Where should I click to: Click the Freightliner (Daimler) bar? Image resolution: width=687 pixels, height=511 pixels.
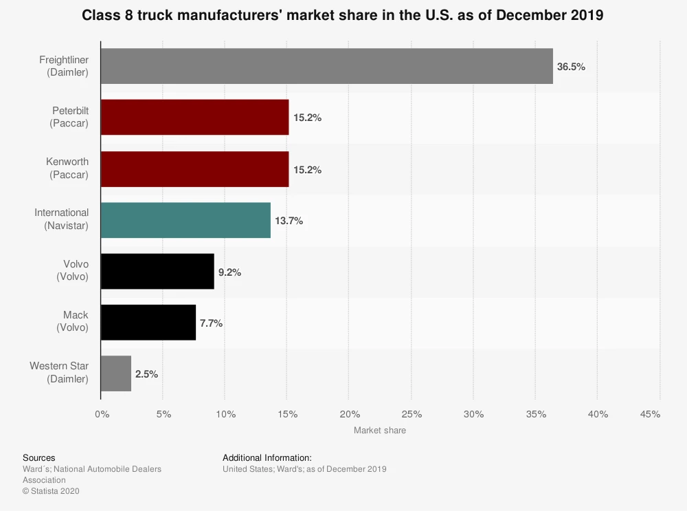(x=326, y=66)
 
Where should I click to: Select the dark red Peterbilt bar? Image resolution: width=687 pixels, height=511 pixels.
(x=194, y=117)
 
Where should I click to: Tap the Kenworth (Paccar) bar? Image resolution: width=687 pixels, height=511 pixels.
(x=194, y=168)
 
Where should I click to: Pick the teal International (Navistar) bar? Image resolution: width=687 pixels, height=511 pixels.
(x=185, y=220)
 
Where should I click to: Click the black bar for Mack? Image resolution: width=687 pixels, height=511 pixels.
(x=148, y=323)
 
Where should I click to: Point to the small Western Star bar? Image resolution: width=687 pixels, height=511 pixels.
(x=116, y=373)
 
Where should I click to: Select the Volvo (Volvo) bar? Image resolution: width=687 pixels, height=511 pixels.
(x=157, y=271)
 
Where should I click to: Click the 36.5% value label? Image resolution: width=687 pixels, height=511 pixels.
(x=572, y=67)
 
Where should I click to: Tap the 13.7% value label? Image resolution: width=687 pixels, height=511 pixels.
(x=289, y=221)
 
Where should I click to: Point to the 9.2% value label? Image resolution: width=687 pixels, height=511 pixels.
(x=229, y=272)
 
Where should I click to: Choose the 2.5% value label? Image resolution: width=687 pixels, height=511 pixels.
(x=147, y=374)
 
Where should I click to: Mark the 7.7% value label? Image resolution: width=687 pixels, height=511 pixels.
(x=211, y=323)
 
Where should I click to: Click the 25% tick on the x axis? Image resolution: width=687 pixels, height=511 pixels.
(x=411, y=414)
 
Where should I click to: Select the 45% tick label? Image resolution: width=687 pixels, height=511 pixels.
(x=650, y=414)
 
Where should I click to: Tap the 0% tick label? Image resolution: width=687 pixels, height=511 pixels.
(x=102, y=414)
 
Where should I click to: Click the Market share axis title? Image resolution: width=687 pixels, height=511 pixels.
(x=380, y=431)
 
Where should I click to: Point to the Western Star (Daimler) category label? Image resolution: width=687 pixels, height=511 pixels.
(x=59, y=373)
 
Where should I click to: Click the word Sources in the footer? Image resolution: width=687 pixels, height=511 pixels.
(x=39, y=457)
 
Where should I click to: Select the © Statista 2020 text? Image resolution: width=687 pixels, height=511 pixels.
(x=52, y=491)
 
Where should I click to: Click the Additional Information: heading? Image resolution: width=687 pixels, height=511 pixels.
(x=267, y=457)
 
